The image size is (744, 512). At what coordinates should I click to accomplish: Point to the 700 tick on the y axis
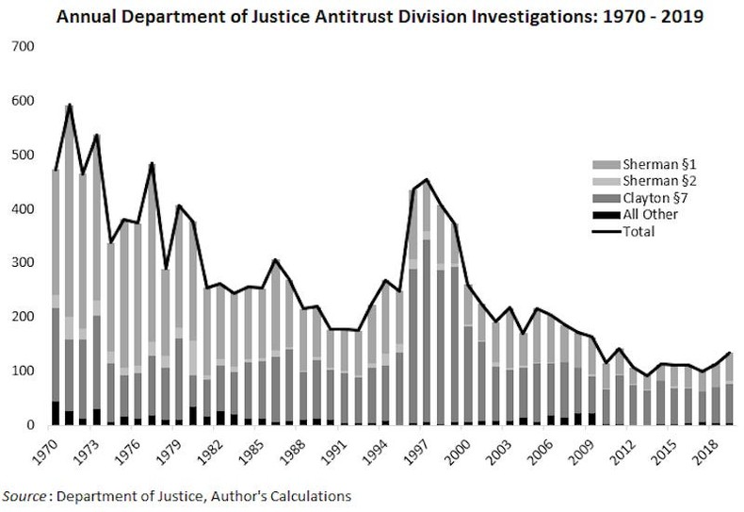[21, 47]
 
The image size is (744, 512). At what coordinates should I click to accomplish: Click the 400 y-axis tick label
[21, 209]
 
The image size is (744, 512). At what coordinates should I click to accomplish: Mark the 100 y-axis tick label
[21, 372]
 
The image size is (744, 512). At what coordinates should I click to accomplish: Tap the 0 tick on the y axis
[27, 425]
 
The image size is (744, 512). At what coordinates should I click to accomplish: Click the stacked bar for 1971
[70, 283]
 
